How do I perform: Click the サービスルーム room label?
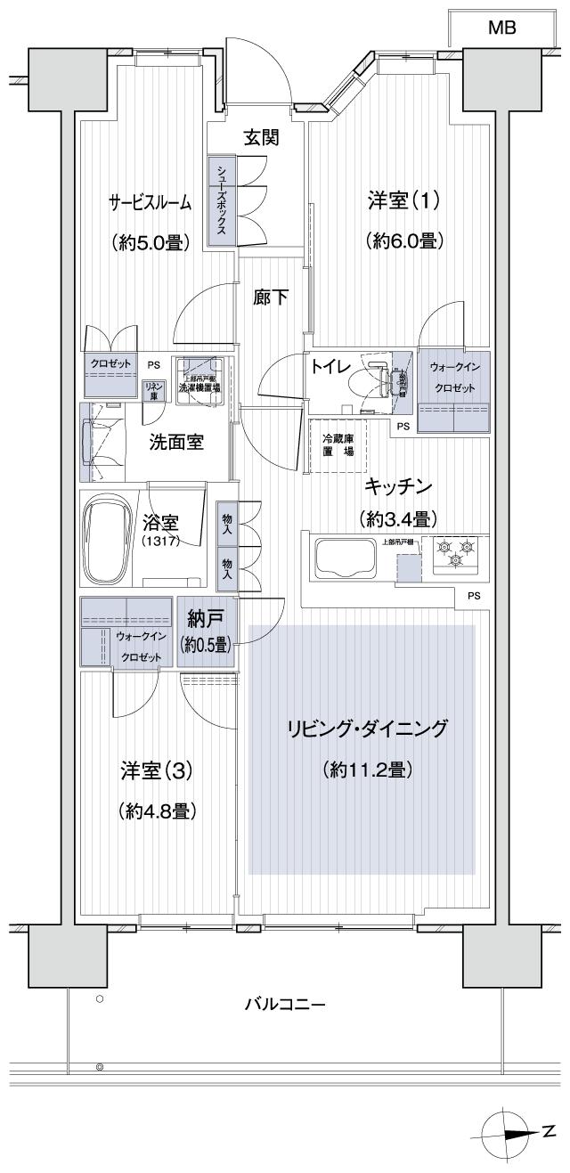pos(150,203)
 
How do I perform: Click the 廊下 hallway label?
pos(271,297)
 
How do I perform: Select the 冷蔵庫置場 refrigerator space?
pos(338,444)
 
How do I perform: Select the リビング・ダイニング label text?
pos(365,728)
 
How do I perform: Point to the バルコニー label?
pos(285,1006)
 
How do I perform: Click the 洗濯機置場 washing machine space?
pos(201,381)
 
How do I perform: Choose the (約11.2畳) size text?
pos(366,770)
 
